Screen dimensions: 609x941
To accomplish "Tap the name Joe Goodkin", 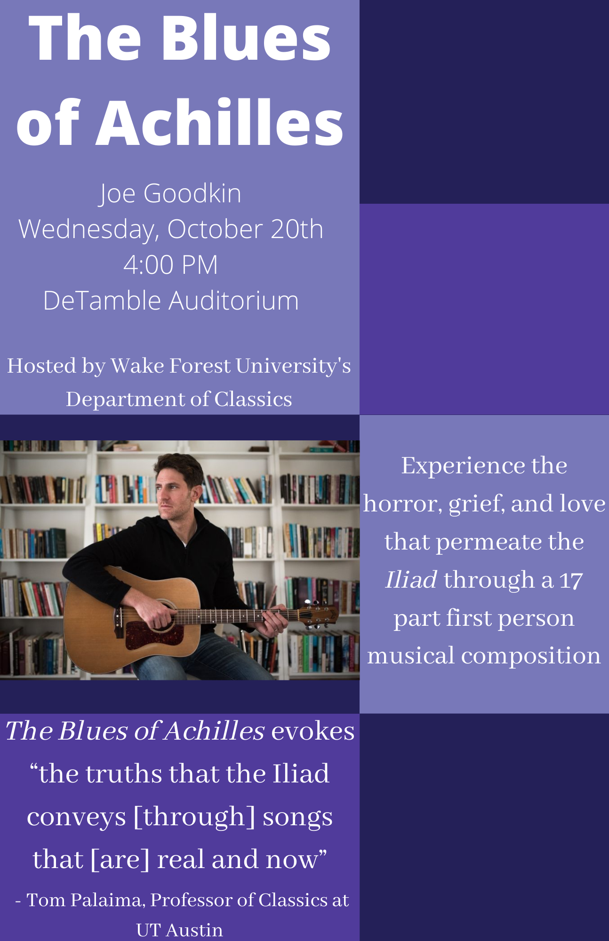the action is [170, 194].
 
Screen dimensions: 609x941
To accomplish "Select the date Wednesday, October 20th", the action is [171, 229].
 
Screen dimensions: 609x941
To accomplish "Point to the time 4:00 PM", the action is [171, 264].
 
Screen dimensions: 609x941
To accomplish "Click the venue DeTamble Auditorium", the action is [171, 300].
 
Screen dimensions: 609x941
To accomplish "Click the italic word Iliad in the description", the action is [411, 579].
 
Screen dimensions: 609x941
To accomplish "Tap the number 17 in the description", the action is [571, 580].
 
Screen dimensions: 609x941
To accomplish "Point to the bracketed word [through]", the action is [194, 817].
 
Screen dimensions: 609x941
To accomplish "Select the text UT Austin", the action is [179, 930].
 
